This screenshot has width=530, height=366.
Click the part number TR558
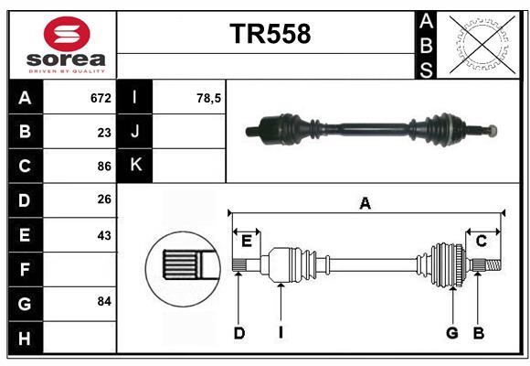coord(270,34)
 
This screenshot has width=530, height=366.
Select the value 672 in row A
coord(100,97)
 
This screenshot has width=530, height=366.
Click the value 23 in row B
coord(103,132)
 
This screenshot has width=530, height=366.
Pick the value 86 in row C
coord(103,167)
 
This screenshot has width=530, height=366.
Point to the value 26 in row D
coord(103,200)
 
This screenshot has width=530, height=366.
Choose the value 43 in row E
coord(103,235)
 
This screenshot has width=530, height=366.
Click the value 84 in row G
coord(103,301)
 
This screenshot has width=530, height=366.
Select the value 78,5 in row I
coord(209,97)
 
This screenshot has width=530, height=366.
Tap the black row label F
coord(24,269)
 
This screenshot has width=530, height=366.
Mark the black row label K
coord(135,166)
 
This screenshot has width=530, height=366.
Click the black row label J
coord(135,132)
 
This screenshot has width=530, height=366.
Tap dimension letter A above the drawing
coord(365,203)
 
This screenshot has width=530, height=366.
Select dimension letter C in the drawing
coord(481,241)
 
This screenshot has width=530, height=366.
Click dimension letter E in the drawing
coord(246,241)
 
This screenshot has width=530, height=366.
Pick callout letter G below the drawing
coord(451,333)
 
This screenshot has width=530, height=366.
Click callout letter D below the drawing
coord(238,333)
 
